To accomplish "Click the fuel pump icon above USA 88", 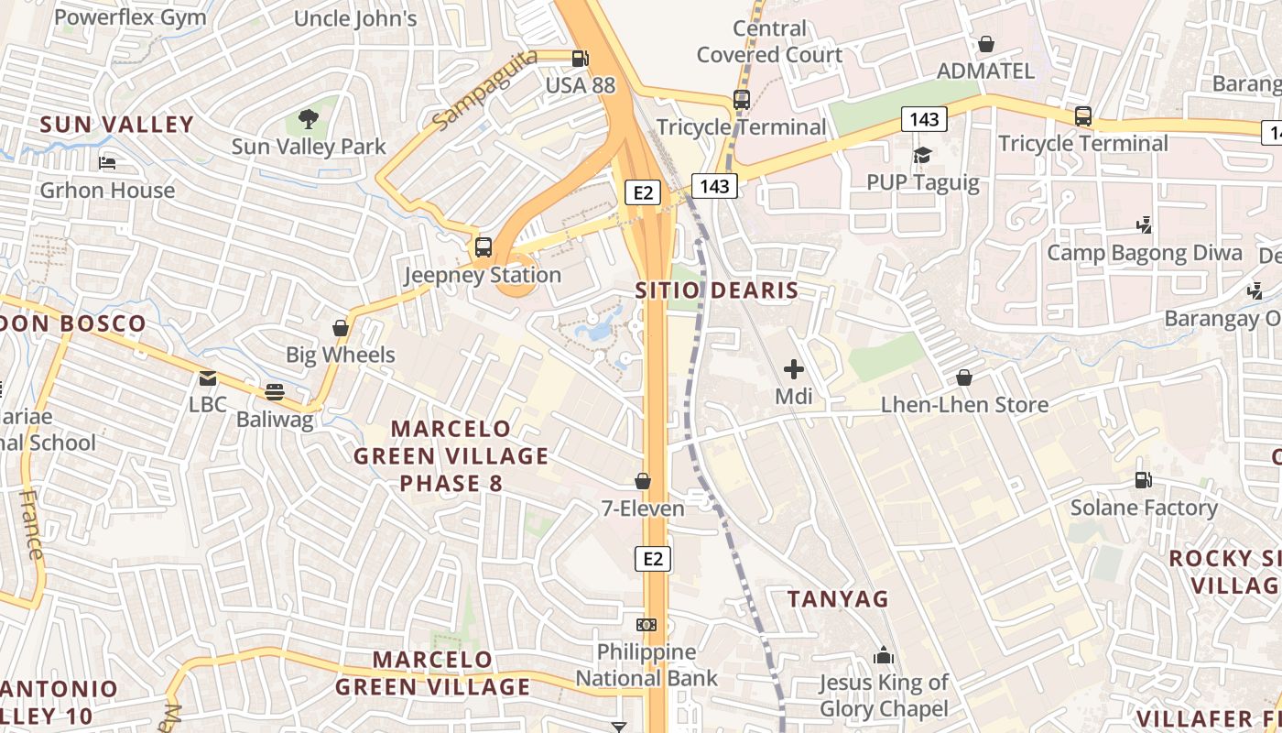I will pyautogui.click(x=580, y=60).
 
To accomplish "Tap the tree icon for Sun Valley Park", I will pyautogui.click(x=309, y=118).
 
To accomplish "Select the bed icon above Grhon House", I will pyautogui.click(x=107, y=163).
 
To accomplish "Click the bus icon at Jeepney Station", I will pyautogui.click(x=483, y=246).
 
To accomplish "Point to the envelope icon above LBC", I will pyautogui.click(x=208, y=377).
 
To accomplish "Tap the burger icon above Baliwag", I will pyautogui.click(x=275, y=392).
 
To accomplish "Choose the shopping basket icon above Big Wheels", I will pyautogui.click(x=341, y=328).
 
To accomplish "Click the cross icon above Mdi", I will pyautogui.click(x=794, y=369).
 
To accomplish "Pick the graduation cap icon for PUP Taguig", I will pyautogui.click(x=922, y=155).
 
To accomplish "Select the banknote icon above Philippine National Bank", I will pyautogui.click(x=646, y=625).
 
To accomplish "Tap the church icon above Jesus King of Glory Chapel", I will pyautogui.click(x=884, y=655).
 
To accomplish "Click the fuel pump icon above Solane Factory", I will pyautogui.click(x=1144, y=479).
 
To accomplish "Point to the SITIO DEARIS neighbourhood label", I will pyautogui.click(x=717, y=290).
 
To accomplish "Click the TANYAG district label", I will pyautogui.click(x=839, y=599).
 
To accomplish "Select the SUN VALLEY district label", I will pyautogui.click(x=117, y=125).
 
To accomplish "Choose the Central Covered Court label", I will pyautogui.click(x=769, y=41).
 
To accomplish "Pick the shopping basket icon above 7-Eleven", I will pyautogui.click(x=643, y=481).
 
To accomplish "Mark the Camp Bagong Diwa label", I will pyautogui.click(x=1145, y=253).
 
